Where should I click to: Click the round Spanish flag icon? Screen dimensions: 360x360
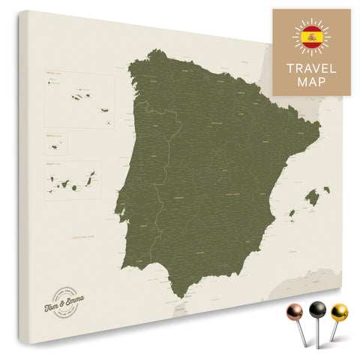coord(311,37)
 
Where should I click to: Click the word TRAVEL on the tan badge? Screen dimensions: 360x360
coord(311,67)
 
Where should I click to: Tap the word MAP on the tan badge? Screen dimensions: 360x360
coord(311,82)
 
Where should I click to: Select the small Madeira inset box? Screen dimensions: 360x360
coord(56,143)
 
